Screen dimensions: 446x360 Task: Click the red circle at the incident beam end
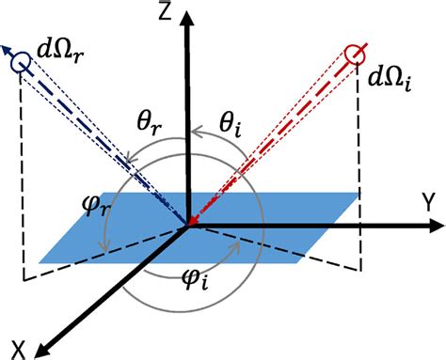[x=354, y=53]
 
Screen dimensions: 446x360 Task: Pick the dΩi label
[x=391, y=74]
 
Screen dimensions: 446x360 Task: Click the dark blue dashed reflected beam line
[x=104, y=140]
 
